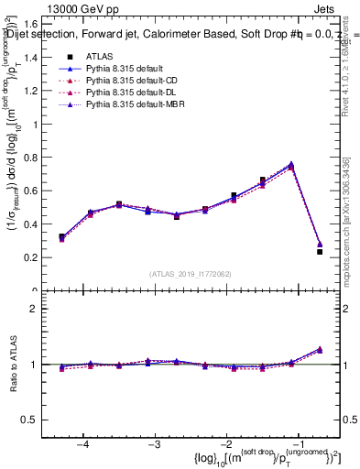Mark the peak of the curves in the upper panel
coord(291,165)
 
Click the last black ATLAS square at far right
coord(320,251)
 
